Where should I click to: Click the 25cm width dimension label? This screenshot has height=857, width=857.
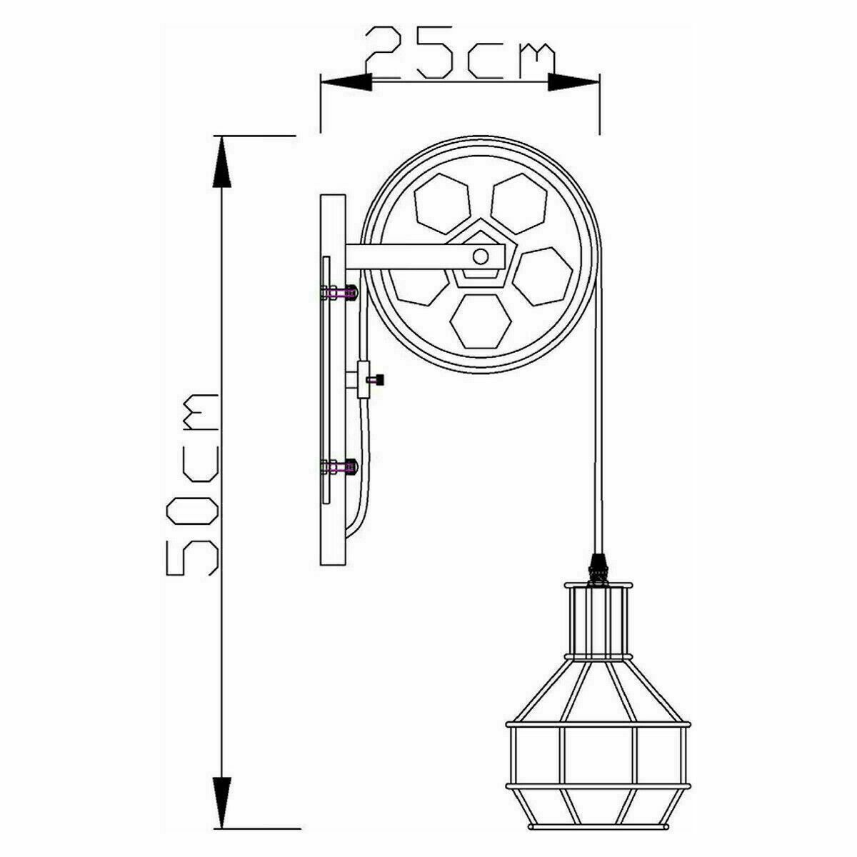coord(460,55)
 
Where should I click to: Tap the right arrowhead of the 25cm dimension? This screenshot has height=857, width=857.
coord(573,83)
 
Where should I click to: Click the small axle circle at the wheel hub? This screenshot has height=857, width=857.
coord(480,256)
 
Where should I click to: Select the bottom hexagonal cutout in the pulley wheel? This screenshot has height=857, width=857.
coord(481,321)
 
